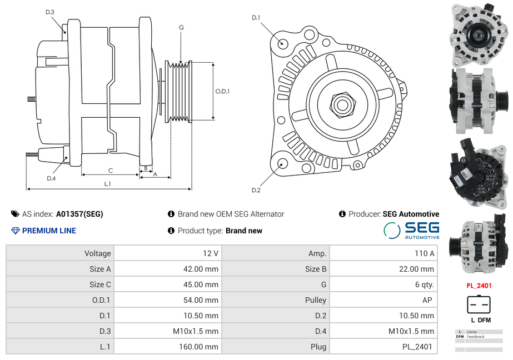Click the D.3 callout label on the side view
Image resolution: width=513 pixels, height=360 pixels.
pos(49,12)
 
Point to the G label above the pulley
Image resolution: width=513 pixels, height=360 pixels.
pos(181,27)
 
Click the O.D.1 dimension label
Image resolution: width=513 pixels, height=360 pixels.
pos(222,91)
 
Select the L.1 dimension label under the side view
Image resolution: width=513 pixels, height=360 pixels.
pos(108,184)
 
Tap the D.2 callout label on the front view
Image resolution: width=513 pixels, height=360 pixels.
pos(256,191)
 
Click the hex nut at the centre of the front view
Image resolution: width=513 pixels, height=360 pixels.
pos(342,105)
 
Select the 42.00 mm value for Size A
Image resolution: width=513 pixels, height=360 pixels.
pos(201,269)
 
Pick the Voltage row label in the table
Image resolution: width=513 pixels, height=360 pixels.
pos(97,253)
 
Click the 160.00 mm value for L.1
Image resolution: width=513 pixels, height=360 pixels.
pos(198,347)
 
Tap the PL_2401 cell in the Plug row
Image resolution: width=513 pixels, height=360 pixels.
pos(417,347)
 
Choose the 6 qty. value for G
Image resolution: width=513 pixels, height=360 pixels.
pos(424,284)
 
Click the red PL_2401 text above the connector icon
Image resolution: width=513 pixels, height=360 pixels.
pos(479,286)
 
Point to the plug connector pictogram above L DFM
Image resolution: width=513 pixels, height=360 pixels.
pos(479,304)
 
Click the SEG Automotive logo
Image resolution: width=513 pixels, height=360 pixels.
pos(412,231)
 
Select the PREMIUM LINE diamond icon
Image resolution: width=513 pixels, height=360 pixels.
pos(16,231)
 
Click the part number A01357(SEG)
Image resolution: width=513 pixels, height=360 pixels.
pos(79,214)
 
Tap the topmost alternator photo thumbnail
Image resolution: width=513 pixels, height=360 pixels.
pos(479,34)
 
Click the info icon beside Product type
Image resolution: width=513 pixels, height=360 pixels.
pos(171,231)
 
